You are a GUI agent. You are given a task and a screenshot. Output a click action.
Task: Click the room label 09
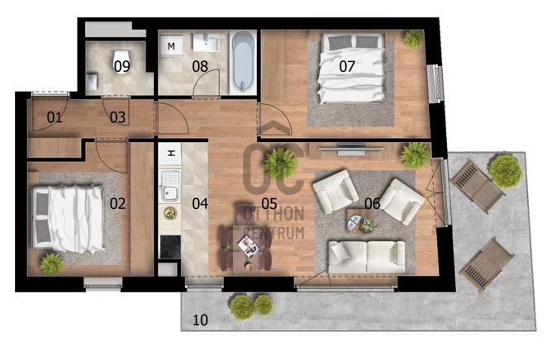click(x=121, y=66)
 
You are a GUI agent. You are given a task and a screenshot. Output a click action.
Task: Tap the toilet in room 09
click(x=122, y=60)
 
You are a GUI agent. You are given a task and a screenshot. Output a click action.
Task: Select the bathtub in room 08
click(x=243, y=62)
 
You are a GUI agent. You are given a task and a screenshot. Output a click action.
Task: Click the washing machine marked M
click(x=171, y=45)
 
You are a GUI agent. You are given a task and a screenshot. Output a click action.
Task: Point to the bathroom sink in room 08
click(x=206, y=42)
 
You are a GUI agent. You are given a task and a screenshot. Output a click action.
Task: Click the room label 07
click(x=347, y=66)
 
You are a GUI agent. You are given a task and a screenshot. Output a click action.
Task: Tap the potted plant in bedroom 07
click(x=413, y=38)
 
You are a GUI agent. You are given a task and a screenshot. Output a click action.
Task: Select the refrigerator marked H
click(x=170, y=154)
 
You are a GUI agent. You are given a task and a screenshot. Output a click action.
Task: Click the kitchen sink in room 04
click(x=170, y=186)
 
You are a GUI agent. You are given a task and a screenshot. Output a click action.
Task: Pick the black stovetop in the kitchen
click(x=170, y=247)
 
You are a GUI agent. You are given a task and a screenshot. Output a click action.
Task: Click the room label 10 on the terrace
click(x=200, y=320)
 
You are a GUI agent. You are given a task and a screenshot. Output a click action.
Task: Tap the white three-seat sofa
click(x=367, y=256)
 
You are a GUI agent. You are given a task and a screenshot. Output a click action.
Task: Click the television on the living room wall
click(x=350, y=149)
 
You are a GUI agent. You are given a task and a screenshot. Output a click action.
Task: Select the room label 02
click(x=117, y=203)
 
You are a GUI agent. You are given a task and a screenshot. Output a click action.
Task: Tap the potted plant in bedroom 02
click(x=51, y=263)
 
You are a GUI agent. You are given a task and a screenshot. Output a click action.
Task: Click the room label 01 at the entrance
click(x=55, y=117)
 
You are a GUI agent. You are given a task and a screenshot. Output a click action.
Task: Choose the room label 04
click(x=200, y=203)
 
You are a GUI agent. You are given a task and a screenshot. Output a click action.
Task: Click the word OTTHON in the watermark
click(x=273, y=214)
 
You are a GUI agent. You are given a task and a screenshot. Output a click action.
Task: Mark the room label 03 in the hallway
click(x=117, y=117)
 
